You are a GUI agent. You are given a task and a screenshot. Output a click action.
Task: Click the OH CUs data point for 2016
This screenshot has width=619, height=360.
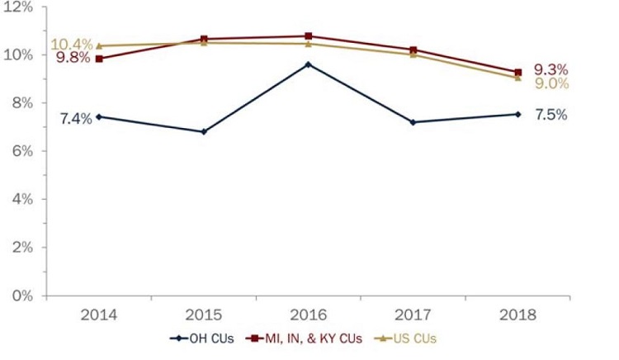[x=308, y=64]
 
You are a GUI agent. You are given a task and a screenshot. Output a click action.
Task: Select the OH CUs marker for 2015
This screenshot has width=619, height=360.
[x=204, y=131]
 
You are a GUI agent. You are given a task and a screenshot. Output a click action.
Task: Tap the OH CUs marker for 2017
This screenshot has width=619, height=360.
[x=413, y=122]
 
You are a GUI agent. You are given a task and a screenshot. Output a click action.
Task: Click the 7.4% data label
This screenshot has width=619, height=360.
[x=74, y=119]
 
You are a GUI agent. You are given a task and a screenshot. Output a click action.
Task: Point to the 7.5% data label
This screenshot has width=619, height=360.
[x=550, y=115]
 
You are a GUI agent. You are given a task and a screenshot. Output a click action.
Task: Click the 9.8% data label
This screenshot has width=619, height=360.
[x=73, y=59]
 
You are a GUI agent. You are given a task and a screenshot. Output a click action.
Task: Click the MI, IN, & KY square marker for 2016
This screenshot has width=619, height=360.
[x=308, y=36]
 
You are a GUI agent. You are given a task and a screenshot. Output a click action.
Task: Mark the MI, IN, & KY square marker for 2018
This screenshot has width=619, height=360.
[x=517, y=73]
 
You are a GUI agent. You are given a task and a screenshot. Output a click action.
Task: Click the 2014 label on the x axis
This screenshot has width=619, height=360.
[x=99, y=315]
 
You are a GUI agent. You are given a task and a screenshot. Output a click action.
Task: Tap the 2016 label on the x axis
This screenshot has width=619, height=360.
[x=308, y=315]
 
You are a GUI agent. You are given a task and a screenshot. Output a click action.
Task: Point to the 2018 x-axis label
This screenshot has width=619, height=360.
[x=517, y=315]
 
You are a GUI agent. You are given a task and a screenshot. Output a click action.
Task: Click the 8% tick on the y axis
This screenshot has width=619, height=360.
[x=21, y=102]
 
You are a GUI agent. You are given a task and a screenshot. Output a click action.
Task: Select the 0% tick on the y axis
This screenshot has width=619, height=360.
[x=21, y=295]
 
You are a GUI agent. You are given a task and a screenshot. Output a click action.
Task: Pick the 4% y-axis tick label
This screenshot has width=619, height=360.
[x=21, y=199]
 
